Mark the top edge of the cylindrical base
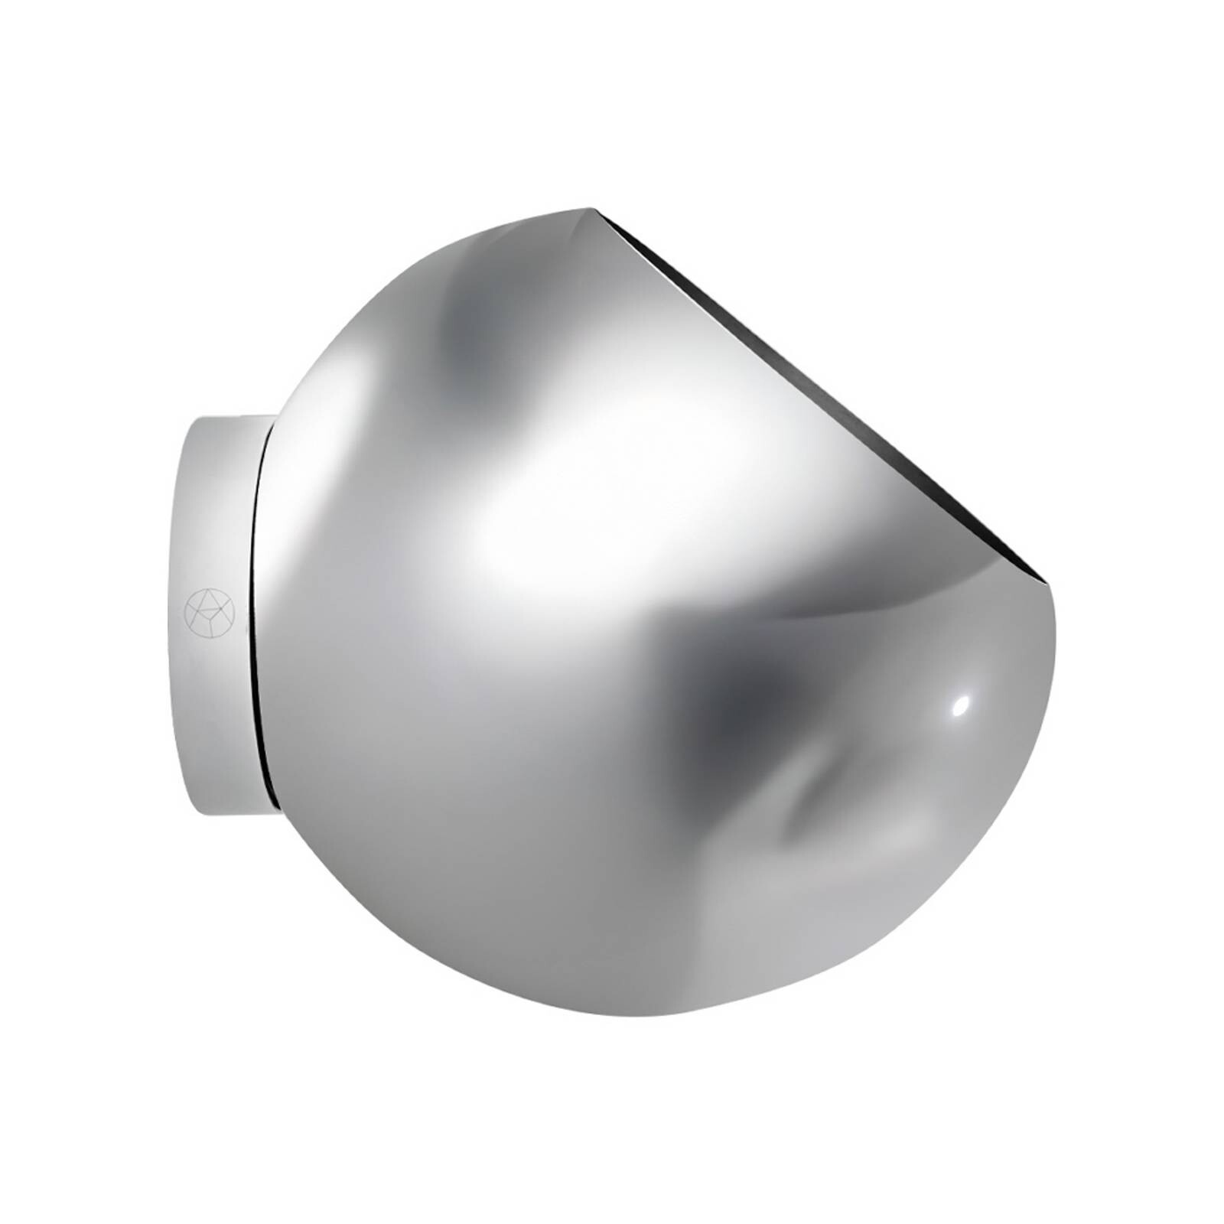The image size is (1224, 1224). pos(229,418)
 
